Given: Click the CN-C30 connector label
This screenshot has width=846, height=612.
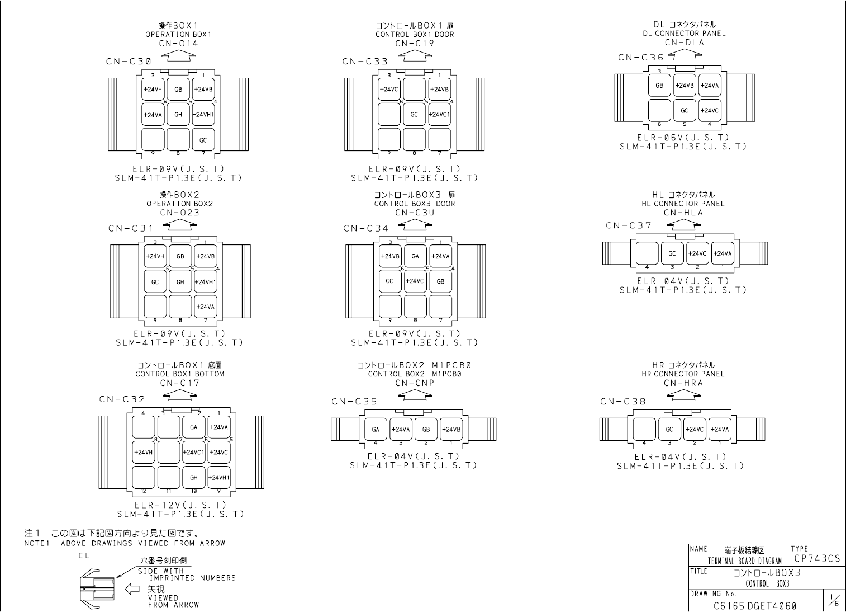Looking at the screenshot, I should point(129,61).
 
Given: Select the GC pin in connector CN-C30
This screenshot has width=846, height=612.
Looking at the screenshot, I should point(203,140).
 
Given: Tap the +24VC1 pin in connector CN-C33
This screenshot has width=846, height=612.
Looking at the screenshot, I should point(440,115).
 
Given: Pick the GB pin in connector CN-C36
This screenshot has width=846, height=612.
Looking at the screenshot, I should point(659,86).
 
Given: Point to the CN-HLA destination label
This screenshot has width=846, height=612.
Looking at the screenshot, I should point(683,213).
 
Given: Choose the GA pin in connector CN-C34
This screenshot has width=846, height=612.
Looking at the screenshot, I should point(415,256).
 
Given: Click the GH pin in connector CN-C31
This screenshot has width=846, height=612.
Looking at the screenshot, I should point(180,282).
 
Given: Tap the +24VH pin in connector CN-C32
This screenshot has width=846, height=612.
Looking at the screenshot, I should point(144,452).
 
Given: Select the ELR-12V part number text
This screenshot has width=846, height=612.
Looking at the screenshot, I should point(180,505).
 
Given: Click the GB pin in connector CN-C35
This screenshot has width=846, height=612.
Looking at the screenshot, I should point(426,430).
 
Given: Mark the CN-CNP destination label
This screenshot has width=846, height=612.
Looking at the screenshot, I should point(415,383).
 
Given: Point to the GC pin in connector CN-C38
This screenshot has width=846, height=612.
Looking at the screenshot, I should point(669,430).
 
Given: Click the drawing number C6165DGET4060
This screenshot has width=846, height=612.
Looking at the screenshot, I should point(755,605).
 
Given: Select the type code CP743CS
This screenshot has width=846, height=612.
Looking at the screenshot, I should point(816,559).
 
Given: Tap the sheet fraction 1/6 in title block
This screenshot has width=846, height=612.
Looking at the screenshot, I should point(834,602).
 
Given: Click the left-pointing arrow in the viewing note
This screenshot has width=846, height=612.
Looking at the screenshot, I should point(132,589).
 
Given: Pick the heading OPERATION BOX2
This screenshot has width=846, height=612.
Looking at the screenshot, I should point(179,204).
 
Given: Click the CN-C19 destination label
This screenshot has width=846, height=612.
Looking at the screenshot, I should point(415,44).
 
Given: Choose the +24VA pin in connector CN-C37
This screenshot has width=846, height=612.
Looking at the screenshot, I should point(723,253).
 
